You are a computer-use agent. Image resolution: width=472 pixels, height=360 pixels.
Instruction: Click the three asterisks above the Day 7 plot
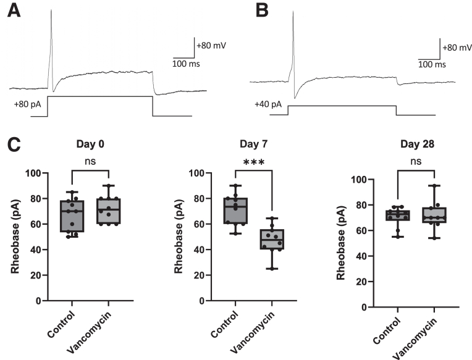[253, 162]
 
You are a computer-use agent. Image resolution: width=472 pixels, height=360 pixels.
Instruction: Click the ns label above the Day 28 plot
[416, 162]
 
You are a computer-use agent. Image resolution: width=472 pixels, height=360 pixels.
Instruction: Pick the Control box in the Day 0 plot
[72, 216]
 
